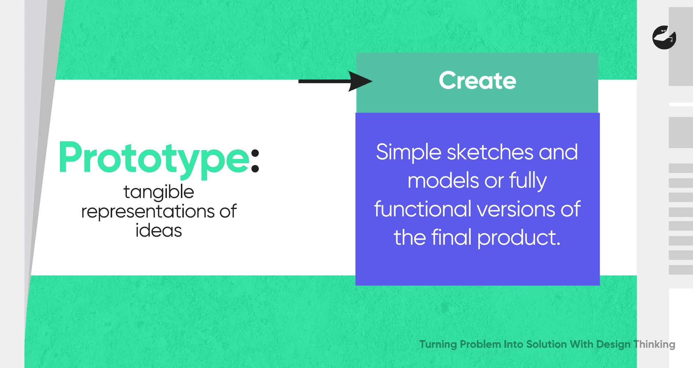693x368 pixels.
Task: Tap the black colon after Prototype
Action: coord(255,161)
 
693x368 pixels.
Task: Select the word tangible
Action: coord(158,192)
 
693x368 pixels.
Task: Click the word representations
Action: coord(148,212)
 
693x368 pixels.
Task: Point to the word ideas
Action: coord(159,231)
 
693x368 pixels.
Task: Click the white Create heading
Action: coord(478,81)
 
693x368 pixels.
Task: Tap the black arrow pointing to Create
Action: coord(335,81)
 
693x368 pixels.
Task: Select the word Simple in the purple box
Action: coord(408,153)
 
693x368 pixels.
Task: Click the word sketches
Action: coord(490,152)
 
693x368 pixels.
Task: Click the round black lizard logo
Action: coord(664,38)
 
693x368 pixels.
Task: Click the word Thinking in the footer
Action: coord(654,344)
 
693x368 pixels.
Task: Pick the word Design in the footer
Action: coord(613,344)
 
